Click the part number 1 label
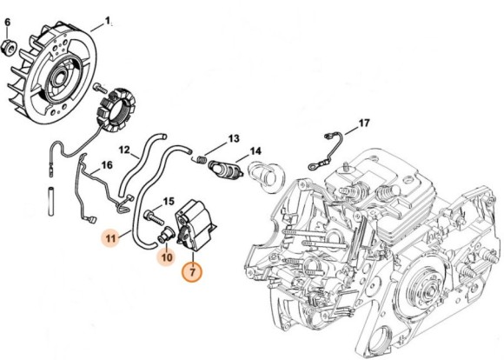click(108, 19)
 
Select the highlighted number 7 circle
click(192, 271)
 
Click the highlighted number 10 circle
click(164, 256)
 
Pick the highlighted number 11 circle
click(110, 237)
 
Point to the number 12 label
click(124, 149)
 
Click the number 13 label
click(233, 138)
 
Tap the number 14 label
click(255, 151)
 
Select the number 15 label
click(169, 203)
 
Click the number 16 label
click(107, 164)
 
